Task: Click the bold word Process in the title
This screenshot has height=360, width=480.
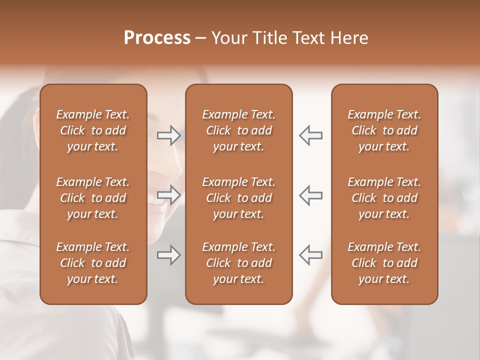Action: [x=157, y=38]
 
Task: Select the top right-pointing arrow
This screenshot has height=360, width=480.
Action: [x=168, y=135]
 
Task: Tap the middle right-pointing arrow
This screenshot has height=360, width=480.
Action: [x=168, y=195]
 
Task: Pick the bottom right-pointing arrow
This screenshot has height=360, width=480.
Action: [x=168, y=255]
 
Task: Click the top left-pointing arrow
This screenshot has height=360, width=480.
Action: [x=310, y=135]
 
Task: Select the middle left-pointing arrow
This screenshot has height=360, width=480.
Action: [x=310, y=195]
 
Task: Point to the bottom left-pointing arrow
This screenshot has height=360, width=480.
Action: [x=310, y=255]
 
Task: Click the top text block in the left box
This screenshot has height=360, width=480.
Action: [x=93, y=130]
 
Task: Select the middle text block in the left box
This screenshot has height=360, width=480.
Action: [x=93, y=198]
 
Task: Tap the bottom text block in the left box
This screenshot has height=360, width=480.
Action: [x=93, y=263]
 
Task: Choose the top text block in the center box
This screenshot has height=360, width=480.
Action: [x=238, y=130]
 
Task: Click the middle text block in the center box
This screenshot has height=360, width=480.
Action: [x=238, y=198]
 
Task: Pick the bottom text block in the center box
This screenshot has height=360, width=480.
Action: [x=238, y=263]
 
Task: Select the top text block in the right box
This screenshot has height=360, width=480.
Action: [x=384, y=130]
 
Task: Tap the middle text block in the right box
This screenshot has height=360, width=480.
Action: [x=384, y=198]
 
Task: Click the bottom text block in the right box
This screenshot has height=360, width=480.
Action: [x=384, y=263]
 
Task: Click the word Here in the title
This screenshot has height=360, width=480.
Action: [x=349, y=38]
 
